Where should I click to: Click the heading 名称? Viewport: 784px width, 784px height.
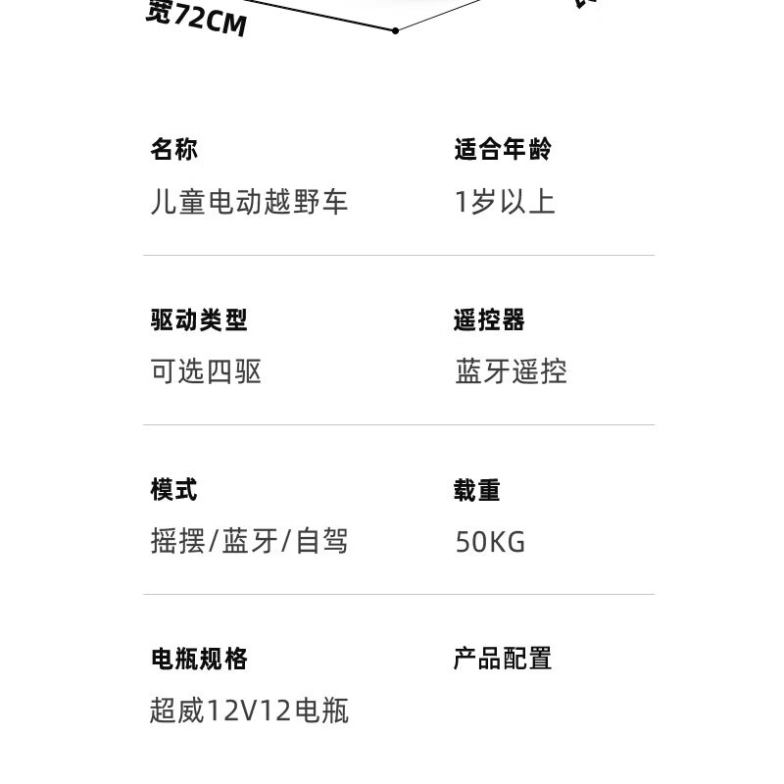pyautogui.click(x=174, y=150)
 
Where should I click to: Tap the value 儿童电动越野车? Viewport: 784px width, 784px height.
pyautogui.click(x=249, y=202)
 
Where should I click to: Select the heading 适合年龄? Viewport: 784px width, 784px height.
pyautogui.click(x=503, y=150)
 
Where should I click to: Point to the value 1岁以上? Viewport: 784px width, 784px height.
pyautogui.click(x=505, y=202)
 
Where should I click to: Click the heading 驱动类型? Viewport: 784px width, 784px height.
pyautogui.click(x=199, y=319)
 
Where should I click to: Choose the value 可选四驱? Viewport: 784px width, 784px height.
pyautogui.click(x=206, y=371)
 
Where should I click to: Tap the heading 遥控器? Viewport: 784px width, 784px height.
pyautogui.click(x=489, y=319)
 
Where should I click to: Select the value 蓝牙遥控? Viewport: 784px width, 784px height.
pyautogui.click(x=511, y=371)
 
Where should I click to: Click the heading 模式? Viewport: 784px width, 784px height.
pyautogui.click(x=174, y=489)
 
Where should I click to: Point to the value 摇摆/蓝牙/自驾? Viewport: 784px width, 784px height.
pyautogui.click(x=249, y=541)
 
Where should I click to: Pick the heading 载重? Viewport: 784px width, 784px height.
pyautogui.click(x=477, y=489)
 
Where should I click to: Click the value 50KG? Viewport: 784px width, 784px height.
pyautogui.click(x=490, y=542)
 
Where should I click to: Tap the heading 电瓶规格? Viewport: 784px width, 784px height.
pyautogui.click(x=199, y=659)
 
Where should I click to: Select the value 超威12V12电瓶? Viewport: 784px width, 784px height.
pyautogui.click(x=249, y=710)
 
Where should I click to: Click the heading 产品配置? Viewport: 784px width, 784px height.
pyautogui.click(x=503, y=659)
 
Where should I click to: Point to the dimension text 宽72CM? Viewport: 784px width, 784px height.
pyautogui.click(x=196, y=19)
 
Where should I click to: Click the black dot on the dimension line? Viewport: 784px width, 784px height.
pyautogui.click(x=395, y=30)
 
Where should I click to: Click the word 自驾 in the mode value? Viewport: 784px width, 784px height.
pyautogui.click(x=321, y=541)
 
